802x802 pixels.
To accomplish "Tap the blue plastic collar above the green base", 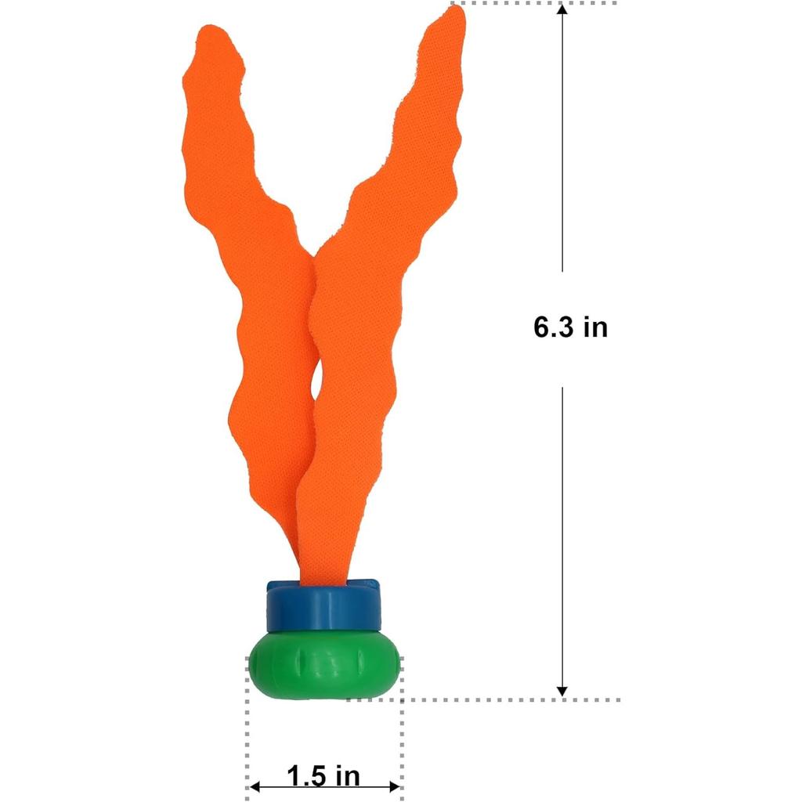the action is tap(323, 606).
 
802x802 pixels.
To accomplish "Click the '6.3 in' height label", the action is tap(570, 327).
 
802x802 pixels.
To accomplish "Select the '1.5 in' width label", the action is tap(323, 775).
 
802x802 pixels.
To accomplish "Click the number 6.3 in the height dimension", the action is tap(554, 327).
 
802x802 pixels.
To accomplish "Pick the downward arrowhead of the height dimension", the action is tap(562, 692).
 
